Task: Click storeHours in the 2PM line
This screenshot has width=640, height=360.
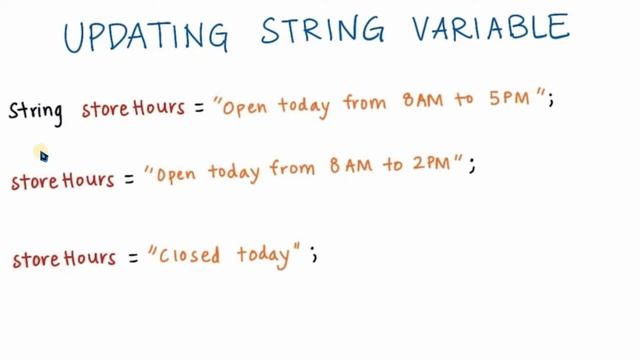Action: tap(61, 182)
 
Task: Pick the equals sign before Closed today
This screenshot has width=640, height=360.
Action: tap(129, 258)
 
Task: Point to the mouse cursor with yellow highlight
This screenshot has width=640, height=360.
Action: tap(41, 154)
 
